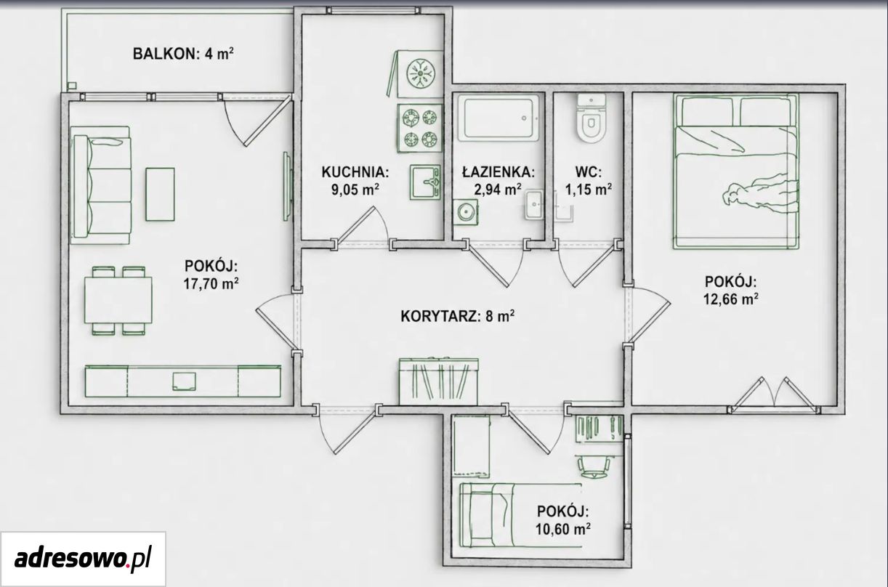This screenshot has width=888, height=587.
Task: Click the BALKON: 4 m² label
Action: point(183,54)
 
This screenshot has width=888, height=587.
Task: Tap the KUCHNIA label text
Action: point(355,172)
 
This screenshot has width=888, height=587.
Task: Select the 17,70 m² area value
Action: point(211,284)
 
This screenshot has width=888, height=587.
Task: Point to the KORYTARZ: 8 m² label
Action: point(458,316)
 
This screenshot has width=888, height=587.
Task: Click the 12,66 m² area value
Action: point(731,299)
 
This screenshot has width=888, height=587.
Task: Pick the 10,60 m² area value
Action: point(563,529)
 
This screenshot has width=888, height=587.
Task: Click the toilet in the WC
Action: point(592,118)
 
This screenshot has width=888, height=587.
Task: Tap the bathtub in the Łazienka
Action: point(499,118)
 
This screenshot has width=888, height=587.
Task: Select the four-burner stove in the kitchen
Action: point(420,128)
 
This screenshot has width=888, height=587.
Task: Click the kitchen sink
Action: point(425,182)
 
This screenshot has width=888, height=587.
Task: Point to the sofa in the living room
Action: point(101,185)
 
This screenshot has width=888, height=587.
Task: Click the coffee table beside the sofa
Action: point(160,194)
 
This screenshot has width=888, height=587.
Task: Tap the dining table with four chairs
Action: point(118,301)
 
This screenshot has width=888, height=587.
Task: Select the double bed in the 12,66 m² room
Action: point(736,171)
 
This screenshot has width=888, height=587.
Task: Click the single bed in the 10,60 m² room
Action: point(520,515)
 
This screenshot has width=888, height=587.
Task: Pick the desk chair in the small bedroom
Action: point(593,466)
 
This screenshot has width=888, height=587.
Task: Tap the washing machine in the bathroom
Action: point(465,212)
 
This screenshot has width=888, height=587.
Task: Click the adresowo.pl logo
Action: point(83,559)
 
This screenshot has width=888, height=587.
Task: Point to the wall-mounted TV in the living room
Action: point(288,186)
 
